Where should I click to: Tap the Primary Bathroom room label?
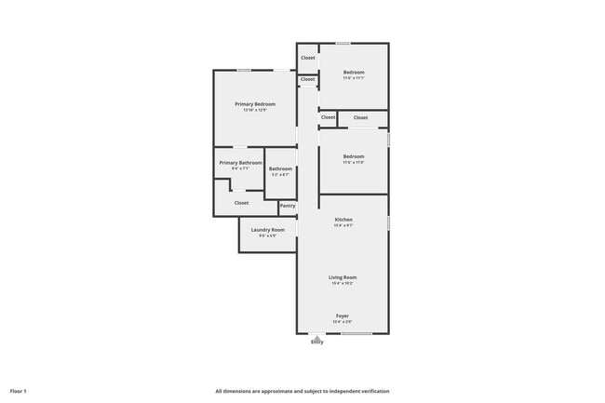pos(240,163)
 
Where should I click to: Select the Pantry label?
pos(288,206)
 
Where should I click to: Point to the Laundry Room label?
pos(267,229)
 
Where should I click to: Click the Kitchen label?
pos(343,220)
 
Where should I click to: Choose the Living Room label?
pos(343,277)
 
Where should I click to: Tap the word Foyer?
pos(343,316)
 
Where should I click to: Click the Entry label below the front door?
pos(317,343)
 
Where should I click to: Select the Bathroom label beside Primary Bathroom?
pos(280,168)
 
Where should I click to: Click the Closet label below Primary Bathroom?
pos(241,202)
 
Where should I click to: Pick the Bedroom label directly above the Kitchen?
pos(353,156)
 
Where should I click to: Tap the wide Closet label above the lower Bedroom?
pos(360,117)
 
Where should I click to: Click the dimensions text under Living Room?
pos(343,283)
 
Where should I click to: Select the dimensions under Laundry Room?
pos(267,235)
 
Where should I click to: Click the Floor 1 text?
pos(19,391)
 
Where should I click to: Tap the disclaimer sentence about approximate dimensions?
pos(302,391)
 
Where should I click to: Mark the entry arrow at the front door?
pos(317,337)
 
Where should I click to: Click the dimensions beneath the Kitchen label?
pos(343,225)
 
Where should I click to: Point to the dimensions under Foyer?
pos(343,322)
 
